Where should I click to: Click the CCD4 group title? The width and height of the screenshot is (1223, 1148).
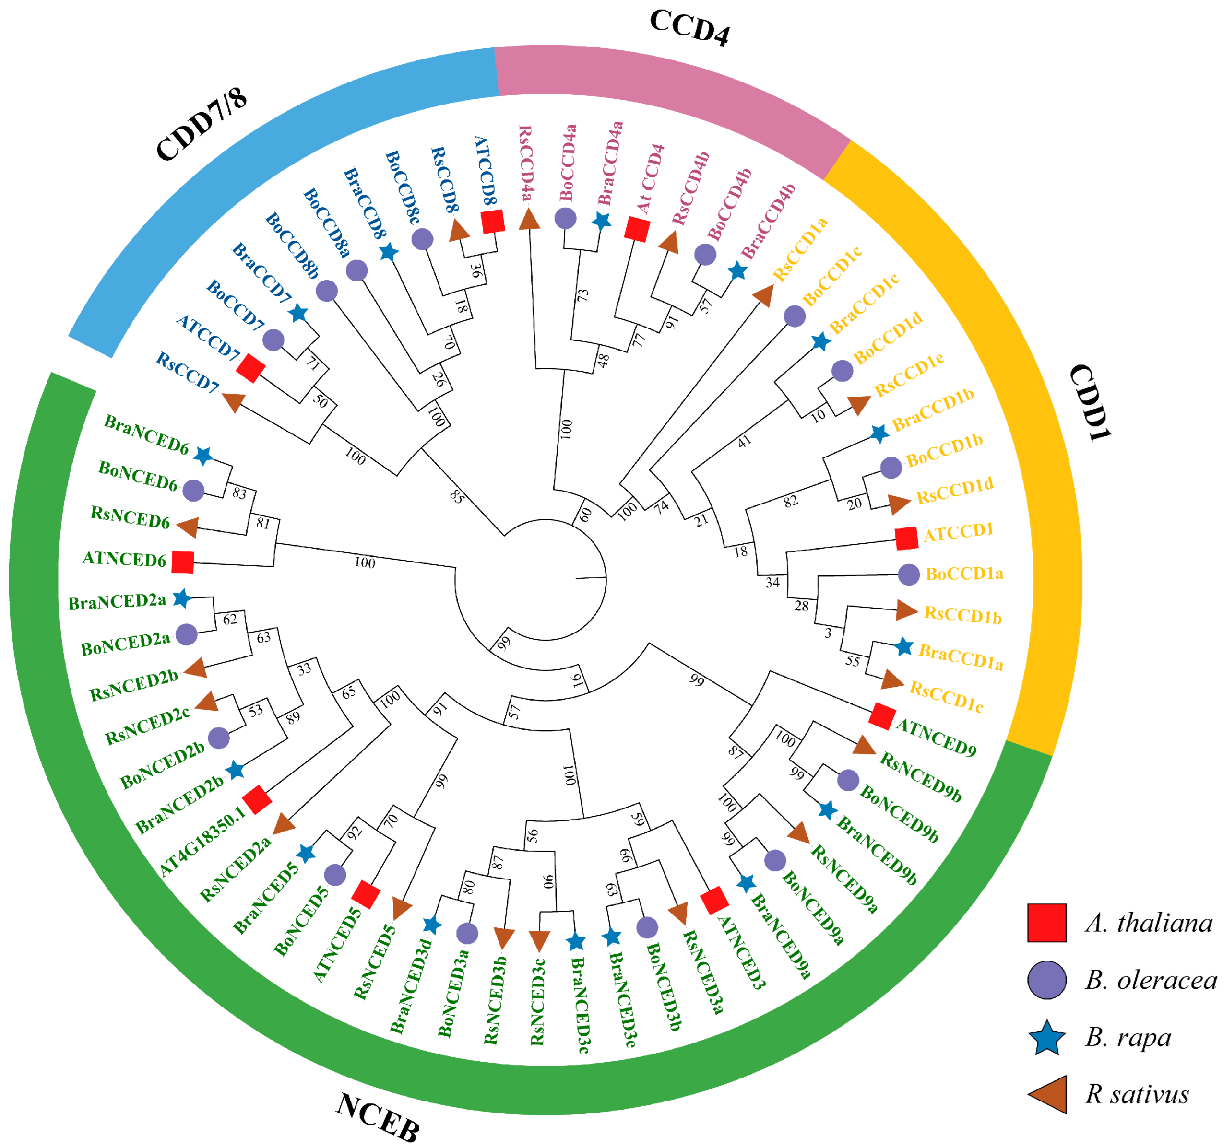(689, 28)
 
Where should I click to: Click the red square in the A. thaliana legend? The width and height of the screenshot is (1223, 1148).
(1046, 922)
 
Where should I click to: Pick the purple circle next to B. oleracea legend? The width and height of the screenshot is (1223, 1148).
(1046, 980)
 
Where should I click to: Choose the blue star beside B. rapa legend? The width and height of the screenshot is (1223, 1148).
(1046, 1038)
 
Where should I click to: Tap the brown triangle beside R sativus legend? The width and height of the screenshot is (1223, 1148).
(1048, 1094)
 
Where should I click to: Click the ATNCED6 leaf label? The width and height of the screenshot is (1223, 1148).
(124, 559)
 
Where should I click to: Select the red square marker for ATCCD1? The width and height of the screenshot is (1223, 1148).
(906, 538)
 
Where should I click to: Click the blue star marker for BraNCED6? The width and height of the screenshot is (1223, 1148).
(203, 456)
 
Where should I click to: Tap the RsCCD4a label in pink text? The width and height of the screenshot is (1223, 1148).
(525, 163)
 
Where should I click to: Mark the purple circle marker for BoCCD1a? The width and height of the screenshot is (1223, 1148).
(909, 574)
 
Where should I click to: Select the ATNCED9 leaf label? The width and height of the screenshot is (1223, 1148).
(936, 737)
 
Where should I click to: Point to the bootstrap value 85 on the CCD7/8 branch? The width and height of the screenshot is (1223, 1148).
(456, 496)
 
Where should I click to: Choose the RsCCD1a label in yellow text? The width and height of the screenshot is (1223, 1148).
(800, 248)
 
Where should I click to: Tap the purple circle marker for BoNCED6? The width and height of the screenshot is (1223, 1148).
(193, 490)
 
